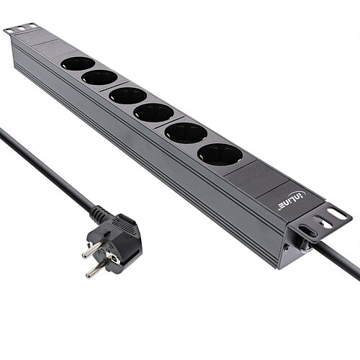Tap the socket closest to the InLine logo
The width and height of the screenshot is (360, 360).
(x=220, y=154)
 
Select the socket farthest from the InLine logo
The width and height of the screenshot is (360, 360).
(x=78, y=63)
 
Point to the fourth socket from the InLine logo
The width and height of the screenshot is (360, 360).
(x=128, y=95)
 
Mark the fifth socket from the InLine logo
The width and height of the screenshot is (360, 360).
(x=99, y=77)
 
